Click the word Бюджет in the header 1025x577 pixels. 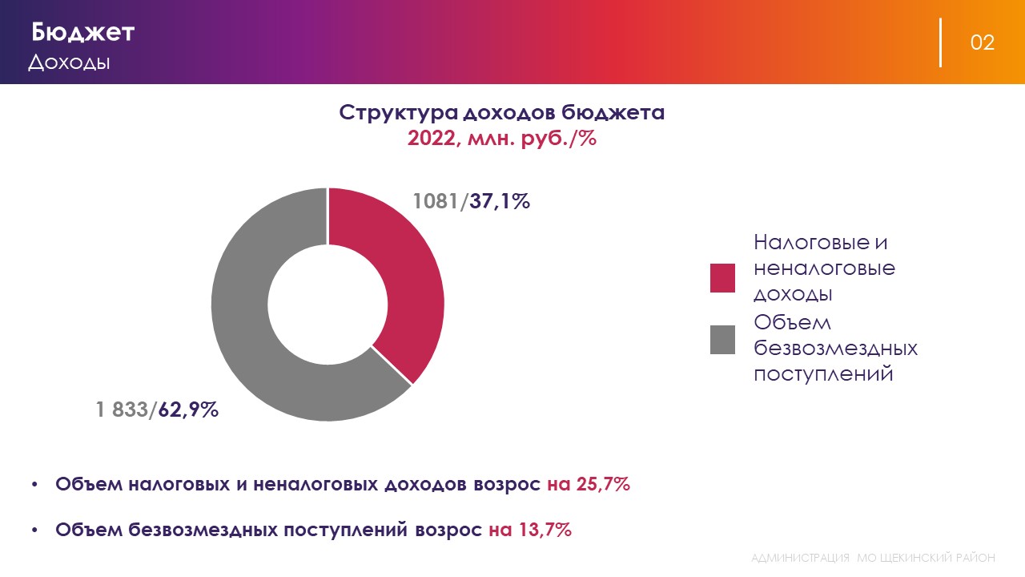pos(82,33)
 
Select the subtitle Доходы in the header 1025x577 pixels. pos(69,63)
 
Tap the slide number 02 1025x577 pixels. pos(983,42)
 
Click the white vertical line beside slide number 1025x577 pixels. pos(940,42)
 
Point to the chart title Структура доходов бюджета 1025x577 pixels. pos(501,112)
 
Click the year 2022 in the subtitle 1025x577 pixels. pos(431,138)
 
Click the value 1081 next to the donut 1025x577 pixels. pos(437,201)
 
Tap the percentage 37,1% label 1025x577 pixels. pos(500,201)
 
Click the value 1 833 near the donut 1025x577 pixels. pos(123,410)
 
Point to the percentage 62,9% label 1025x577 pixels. pos(188,410)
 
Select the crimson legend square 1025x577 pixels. pos(722,277)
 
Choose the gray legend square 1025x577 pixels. pos(722,340)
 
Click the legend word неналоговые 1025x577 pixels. pos(824,268)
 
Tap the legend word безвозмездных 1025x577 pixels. pos(835,349)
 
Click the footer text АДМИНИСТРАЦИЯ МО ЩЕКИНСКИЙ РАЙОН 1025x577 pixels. pos(874,557)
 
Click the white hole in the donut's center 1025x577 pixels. pos(328,305)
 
